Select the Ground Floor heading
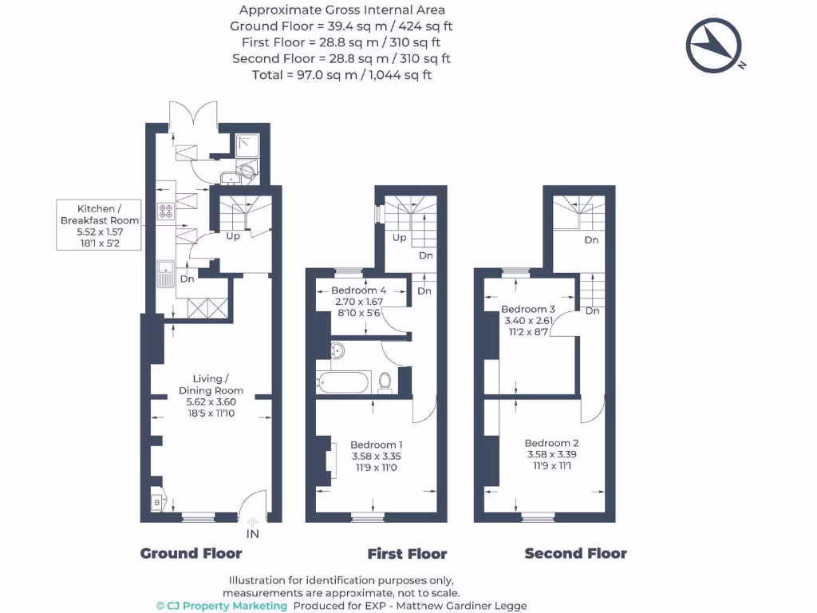pyautogui.click(x=191, y=553)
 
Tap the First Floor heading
pyautogui.click(x=407, y=554)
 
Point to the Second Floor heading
pyautogui.click(x=575, y=554)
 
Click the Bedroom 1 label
pyautogui.click(x=377, y=445)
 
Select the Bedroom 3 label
pyautogui.click(x=528, y=309)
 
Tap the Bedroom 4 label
pyautogui.click(x=358, y=291)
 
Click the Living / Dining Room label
pyautogui.click(x=211, y=385)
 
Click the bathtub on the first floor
pyautogui.click(x=343, y=382)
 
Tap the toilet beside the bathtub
pyautogui.click(x=385, y=381)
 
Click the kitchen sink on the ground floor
pyautogui.click(x=166, y=272)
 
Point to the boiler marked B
pyautogui.click(x=156, y=503)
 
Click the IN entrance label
pyautogui.click(x=252, y=534)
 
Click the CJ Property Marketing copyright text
pyautogui.click(x=221, y=606)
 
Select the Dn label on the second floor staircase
pyautogui.click(x=591, y=239)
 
